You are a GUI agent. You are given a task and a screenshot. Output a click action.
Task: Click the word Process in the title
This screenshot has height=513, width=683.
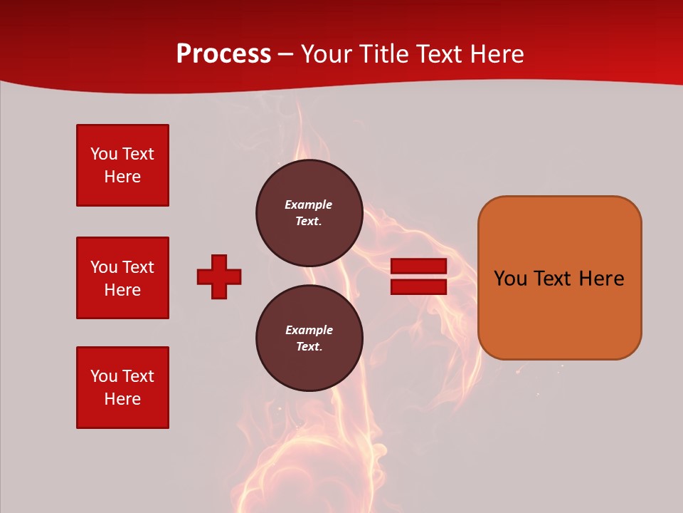[x=223, y=54]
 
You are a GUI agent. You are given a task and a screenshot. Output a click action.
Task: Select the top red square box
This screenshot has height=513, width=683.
[x=122, y=165]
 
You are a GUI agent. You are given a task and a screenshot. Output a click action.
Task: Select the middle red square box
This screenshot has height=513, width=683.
[x=122, y=278]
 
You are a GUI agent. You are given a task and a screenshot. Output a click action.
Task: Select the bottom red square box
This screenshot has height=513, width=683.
[x=122, y=388]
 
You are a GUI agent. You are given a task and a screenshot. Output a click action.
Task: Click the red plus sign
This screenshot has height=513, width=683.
[x=219, y=276]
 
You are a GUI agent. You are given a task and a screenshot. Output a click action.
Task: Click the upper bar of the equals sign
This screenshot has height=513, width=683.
[x=418, y=266]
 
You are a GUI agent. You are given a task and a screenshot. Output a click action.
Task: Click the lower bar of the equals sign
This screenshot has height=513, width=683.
[x=418, y=286]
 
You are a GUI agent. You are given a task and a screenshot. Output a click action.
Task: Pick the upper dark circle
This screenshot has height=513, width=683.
[x=309, y=213]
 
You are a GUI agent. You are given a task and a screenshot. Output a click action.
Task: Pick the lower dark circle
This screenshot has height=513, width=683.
[x=309, y=338]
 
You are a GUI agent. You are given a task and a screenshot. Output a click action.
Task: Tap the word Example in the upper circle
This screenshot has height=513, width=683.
[x=309, y=204]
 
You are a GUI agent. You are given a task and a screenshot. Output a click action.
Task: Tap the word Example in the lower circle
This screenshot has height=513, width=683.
[x=309, y=330]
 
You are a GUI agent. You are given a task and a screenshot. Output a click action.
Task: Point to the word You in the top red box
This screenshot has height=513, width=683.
[x=104, y=154]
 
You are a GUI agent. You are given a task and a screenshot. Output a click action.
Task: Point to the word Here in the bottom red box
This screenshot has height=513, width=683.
[x=122, y=399]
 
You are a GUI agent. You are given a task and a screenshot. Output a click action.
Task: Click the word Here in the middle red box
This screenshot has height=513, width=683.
[x=122, y=290]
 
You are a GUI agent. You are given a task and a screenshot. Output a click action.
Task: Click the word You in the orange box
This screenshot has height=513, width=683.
[x=510, y=279]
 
